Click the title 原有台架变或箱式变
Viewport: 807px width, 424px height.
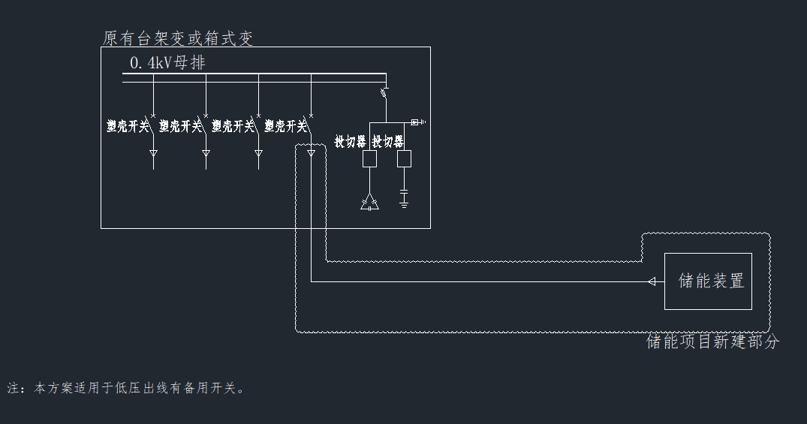[x=178, y=38]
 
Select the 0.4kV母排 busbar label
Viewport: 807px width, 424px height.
[x=167, y=63]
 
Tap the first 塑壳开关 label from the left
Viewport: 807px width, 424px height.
[x=128, y=126]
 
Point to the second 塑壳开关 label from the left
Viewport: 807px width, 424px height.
[x=180, y=126]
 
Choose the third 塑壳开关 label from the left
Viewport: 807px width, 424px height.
[x=233, y=126]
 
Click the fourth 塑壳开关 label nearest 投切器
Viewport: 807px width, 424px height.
[x=285, y=126]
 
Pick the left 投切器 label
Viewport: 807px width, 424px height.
[x=351, y=141]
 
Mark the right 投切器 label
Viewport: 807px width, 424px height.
[x=388, y=141]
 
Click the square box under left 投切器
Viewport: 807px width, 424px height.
[x=369, y=159]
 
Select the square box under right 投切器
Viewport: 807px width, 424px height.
[x=404, y=159]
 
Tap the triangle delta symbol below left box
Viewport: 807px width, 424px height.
[x=369, y=203]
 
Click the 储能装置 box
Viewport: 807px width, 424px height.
[x=708, y=281]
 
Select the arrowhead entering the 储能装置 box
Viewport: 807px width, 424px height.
[x=652, y=281]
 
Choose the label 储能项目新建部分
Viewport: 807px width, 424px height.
[x=712, y=342]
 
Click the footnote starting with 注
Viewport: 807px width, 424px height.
[x=126, y=388]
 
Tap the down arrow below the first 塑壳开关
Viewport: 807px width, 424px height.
[x=153, y=154]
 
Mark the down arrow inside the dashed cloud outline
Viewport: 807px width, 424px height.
[x=311, y=154]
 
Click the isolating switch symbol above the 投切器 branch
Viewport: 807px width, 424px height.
[x=384, y=93]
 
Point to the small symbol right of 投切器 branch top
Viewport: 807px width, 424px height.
[x=417, y=122]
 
